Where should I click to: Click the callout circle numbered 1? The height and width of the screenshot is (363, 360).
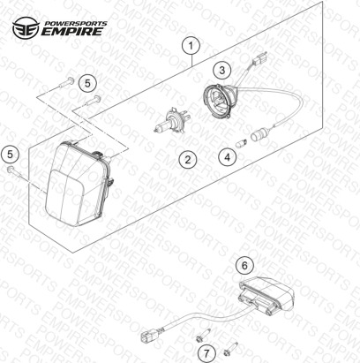point(191,46)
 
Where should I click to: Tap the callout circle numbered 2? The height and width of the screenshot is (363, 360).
point(188,159)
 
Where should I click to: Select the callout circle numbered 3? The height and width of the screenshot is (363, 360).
point(222,70)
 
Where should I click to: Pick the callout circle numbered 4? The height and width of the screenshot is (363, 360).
point(228,157)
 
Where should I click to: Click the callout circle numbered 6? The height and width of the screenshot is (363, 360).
point(244,265)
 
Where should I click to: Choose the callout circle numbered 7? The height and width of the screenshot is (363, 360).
point(206,352)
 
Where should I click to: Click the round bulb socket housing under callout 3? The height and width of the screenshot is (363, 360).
point(218,101)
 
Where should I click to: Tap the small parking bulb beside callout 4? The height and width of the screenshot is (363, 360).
point(241,144)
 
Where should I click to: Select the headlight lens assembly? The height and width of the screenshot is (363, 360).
point(78,183)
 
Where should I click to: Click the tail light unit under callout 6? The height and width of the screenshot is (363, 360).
point(266,297)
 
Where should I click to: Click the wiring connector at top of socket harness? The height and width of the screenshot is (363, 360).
point(260,60)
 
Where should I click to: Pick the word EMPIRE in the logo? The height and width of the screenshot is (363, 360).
point(72,31)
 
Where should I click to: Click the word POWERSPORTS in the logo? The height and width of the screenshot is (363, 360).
point(75,24)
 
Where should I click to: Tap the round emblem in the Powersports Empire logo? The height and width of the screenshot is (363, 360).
point(26,27)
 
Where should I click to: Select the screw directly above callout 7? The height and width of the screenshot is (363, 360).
point(203,336)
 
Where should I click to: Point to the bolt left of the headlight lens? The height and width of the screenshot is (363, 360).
point(17,172)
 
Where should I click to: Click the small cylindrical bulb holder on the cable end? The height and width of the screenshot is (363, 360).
point(257,136)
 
